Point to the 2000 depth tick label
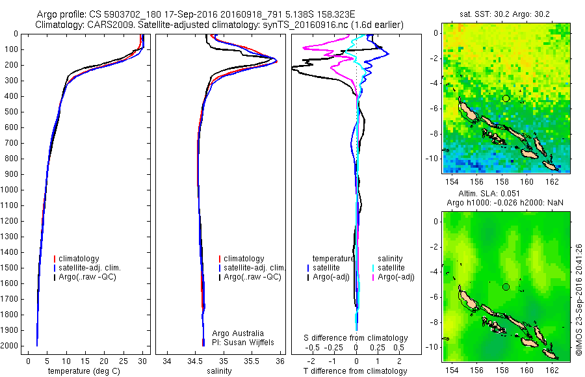[x=12, y=346]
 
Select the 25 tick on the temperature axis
[x=123, y=361]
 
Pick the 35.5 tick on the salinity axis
[x=252, y=361]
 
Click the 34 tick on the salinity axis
[x=167, y=361]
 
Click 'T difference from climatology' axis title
[x=356, y=372]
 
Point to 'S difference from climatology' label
[x=356, y=338]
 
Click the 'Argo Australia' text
[x=239, y=333]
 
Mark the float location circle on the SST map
[x=506, y=98]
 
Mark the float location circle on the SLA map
[x=506, y=287]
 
